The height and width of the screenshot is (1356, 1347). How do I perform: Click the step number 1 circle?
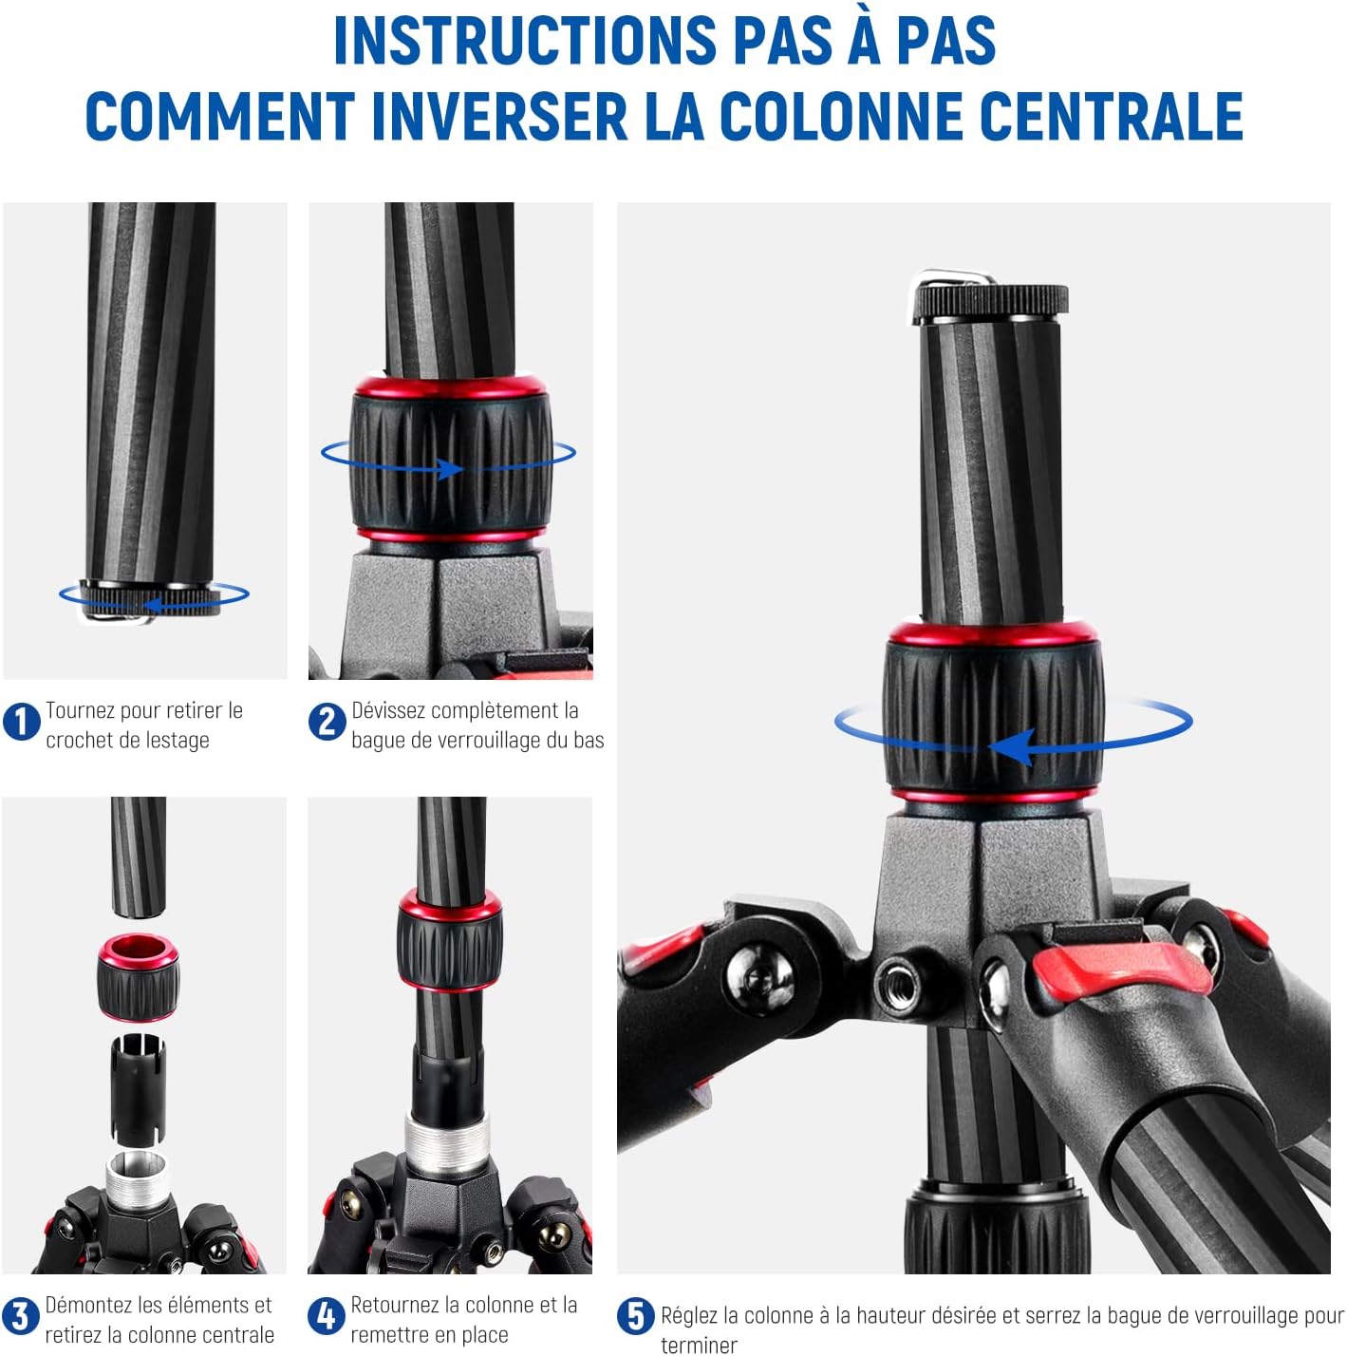[21, 722]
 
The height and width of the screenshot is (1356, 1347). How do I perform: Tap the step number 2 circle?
[327, 722]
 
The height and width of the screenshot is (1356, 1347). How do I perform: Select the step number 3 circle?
[21, 1316]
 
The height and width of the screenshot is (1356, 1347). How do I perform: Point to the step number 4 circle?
[326, 1316]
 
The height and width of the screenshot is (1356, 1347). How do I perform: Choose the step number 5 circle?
[635, 1316]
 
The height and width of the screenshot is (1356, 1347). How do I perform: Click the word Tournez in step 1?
[81, 710]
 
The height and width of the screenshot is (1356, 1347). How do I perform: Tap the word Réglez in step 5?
[688, 1316]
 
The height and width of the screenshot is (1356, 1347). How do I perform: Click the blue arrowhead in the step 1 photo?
[153, 605]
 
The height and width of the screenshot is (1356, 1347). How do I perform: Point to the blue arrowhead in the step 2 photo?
[449, 469]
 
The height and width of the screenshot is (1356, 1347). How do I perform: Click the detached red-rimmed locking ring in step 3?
[138, 977]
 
